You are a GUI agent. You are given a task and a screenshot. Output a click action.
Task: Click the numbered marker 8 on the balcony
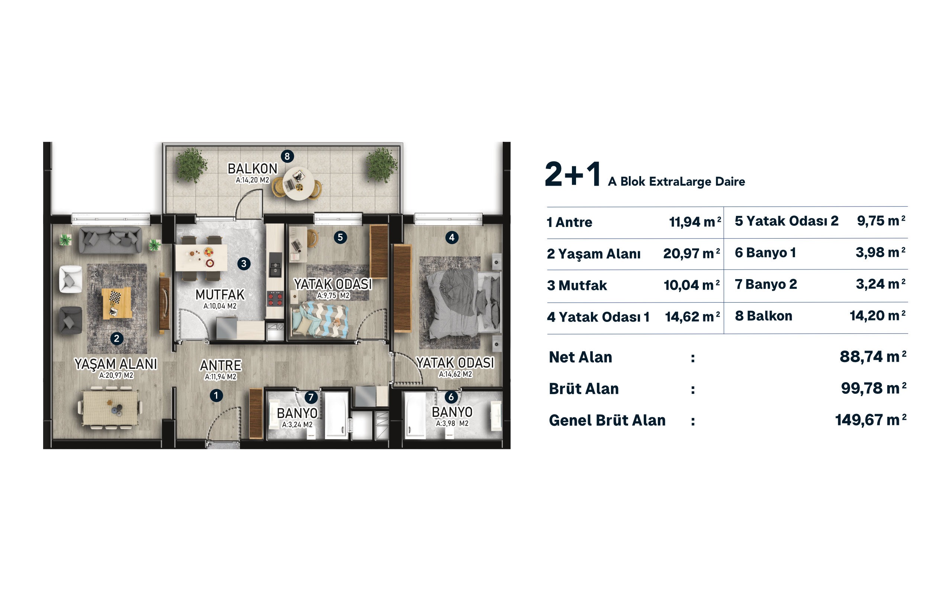click(287, 156)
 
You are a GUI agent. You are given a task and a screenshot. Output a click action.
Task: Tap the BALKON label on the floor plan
click(252, 169)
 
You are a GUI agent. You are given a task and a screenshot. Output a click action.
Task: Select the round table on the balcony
click(298, 183)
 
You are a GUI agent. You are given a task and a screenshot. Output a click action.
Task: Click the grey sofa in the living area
click(110, 240)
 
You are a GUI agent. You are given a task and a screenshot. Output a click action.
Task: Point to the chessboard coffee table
click(116, 303)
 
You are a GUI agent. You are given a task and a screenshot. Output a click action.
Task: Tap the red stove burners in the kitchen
click(275, 299)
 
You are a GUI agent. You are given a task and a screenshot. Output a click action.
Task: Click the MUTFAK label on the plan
click(220, 294)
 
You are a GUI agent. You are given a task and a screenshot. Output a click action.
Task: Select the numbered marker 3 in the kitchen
click(244, 263)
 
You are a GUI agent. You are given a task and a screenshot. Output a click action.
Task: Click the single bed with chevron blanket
click(320, 320)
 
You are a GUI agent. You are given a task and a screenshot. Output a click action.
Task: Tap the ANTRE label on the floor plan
click(221, 365)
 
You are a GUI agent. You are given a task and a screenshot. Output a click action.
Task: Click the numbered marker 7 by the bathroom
click(311, 397)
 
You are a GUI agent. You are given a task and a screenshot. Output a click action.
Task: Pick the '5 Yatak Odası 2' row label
click(786, 221)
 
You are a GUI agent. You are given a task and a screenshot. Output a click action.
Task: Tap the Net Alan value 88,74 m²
click(873, 357)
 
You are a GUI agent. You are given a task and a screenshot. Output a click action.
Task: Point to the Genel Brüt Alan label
click(607, 420)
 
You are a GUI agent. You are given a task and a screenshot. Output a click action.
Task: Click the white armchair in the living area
click(70, 279)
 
